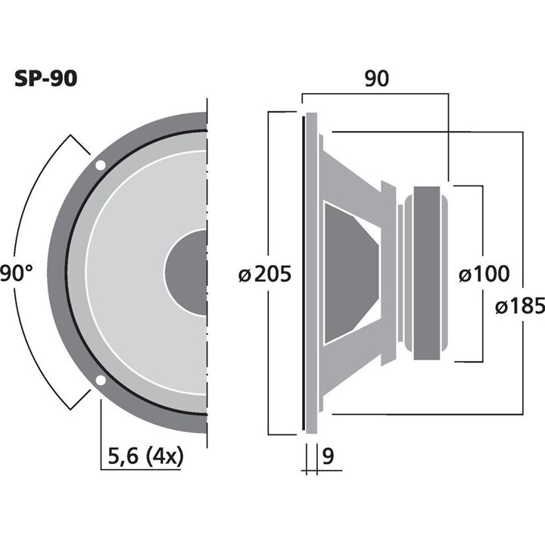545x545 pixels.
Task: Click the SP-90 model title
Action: [x=45, y=79]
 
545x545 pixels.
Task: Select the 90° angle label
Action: [x=17, y=272]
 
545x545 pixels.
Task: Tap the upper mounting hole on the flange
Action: [x=100, y=164]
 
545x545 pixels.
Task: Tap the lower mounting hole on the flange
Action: [x=100, y=381]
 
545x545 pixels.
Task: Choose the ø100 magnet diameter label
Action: [x=484, y=273]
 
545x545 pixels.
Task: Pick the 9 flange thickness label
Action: [x=327, y=456]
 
